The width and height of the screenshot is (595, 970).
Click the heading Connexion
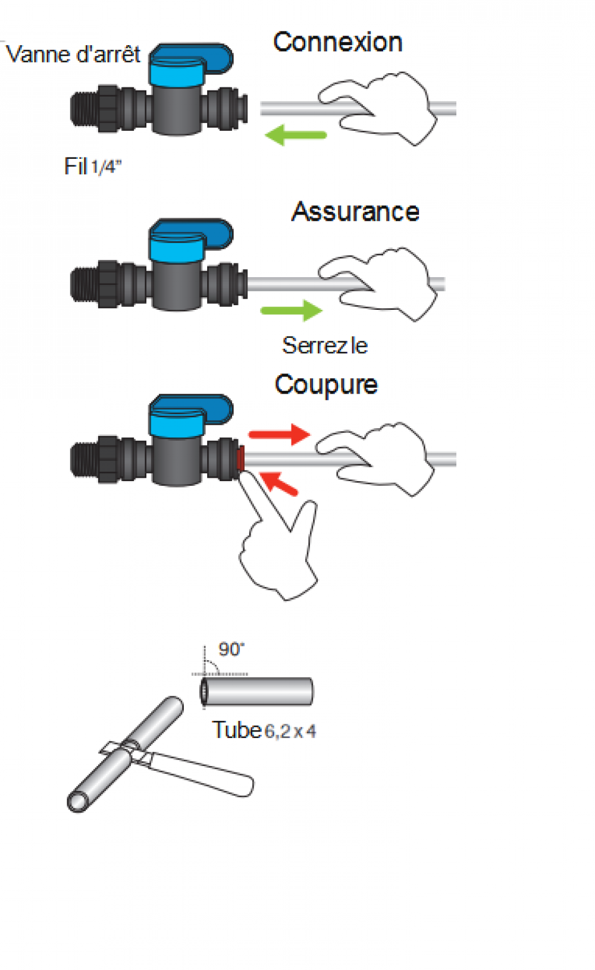(337, 42)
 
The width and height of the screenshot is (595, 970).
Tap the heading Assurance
(355, 212)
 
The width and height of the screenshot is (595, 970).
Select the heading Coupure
(326, 385)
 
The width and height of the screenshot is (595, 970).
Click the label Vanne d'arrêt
(73, 54)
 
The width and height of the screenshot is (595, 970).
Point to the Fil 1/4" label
(93, 167)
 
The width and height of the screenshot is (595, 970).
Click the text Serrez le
(325, 346)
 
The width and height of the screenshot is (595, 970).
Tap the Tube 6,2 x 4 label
(264, 730)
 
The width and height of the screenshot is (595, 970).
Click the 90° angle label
(231, 649)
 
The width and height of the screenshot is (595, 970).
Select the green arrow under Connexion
(296, 135)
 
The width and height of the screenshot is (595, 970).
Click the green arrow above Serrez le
(291, 310)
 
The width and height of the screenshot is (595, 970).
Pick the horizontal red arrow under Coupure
(280, 434)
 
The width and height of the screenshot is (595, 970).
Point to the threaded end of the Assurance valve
(84, 284)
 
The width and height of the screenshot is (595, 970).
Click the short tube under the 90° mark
(256, 692)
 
